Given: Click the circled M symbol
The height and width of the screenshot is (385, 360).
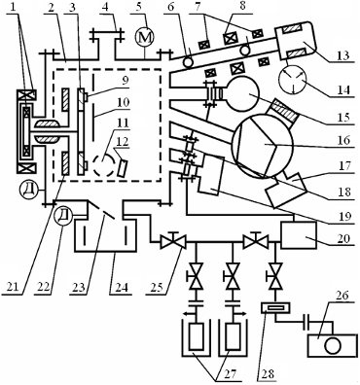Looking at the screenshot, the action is click(145, 38).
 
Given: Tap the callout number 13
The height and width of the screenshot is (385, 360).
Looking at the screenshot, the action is click(343, 54).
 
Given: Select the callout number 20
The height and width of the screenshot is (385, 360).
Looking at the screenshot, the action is click(343, 239).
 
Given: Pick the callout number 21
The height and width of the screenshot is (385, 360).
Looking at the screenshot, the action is click(11, 287).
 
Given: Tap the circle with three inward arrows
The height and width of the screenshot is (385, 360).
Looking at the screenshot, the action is click(293, 81).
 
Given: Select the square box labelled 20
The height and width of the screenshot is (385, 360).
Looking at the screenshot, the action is click(299, 235).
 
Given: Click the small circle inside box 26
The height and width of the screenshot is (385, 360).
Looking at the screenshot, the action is click(333, 346).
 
